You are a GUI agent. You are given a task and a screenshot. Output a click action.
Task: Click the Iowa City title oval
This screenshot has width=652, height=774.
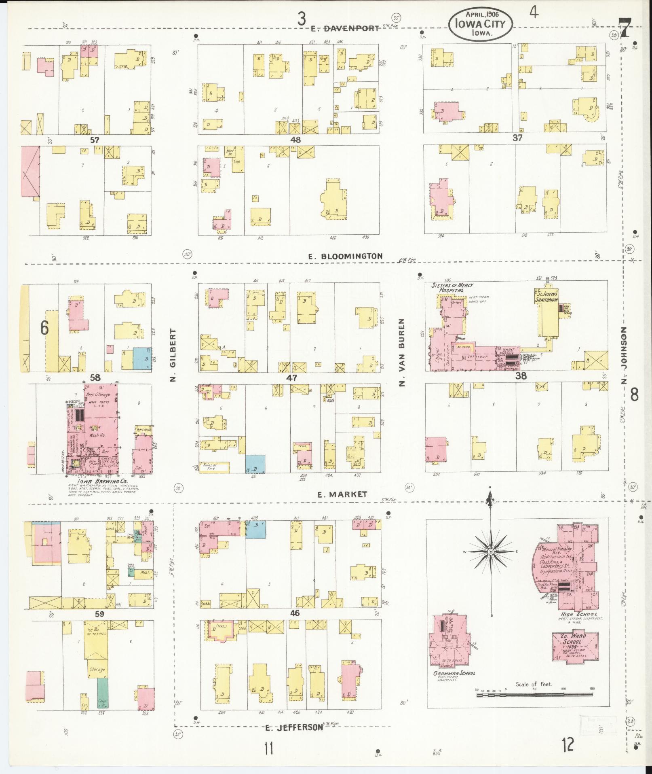tap(480, 25)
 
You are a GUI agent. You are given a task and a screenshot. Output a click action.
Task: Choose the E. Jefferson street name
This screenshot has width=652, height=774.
tap(294, 727)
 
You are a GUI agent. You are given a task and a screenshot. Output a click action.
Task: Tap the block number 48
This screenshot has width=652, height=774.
tap(295, 140)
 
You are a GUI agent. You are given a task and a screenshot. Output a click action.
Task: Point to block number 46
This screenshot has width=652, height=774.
tap(295, 613)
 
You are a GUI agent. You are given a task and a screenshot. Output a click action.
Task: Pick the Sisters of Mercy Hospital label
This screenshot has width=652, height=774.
tap(447, 288)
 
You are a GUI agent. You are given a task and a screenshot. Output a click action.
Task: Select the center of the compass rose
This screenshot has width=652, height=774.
tap(490, 551)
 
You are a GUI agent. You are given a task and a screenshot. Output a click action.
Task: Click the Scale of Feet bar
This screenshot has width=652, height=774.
tap(534, 695)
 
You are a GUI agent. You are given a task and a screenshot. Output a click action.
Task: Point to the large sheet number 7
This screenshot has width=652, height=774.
tap(625, 28)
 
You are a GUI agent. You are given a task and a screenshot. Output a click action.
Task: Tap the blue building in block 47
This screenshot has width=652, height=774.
tap(255, 463)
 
